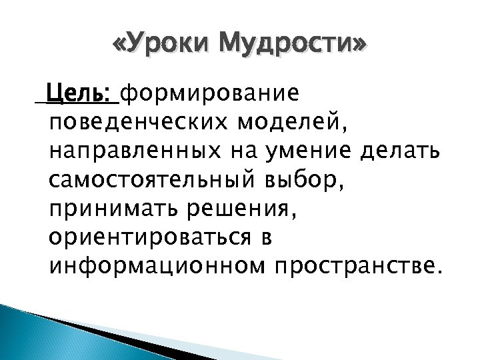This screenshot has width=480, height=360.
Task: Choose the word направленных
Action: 133,153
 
